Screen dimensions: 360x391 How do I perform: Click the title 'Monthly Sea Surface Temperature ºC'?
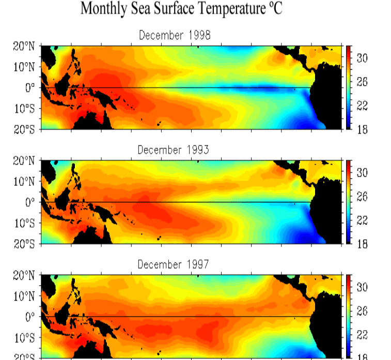(x=182, y=9)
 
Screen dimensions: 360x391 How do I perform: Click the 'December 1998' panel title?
(x=175, y=35)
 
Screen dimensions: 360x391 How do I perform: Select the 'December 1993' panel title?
(x=173, y=150)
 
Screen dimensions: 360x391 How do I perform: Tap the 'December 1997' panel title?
(x=173, y=264)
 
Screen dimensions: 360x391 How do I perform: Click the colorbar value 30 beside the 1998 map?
(x=362, y=58)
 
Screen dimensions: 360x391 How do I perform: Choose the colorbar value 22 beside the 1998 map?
(x=362, y=106)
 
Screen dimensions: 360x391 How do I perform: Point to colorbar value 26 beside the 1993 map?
(x=362, y=197)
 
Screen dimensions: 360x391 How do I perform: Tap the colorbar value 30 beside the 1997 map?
(x=362, y=287)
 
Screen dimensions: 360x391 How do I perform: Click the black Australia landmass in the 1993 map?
(x=93, y=237)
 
